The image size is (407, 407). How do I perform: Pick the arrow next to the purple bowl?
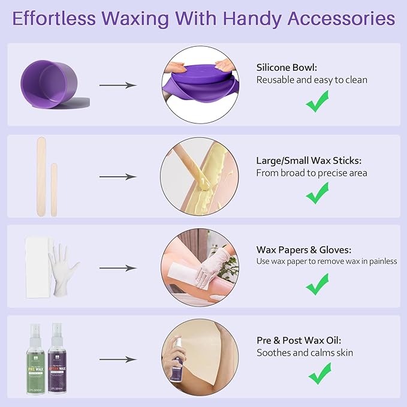click(117, 85)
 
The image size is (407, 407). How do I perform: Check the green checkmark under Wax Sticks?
click(317, 195)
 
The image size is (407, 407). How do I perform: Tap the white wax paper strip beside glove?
click(35, 265)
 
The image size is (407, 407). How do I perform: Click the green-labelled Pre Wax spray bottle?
click(38, 356)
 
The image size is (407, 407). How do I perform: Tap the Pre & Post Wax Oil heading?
click(303, 340)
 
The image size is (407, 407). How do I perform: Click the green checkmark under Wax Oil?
click(318, 375)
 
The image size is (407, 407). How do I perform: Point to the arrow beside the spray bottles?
click(117, 360)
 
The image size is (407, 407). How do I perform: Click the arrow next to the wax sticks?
click(117, 177)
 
